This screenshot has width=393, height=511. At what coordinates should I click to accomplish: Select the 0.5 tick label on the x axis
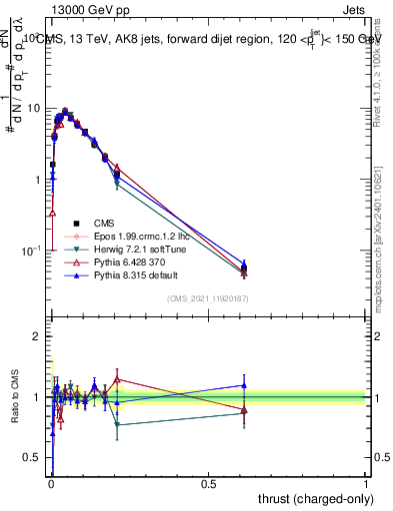(208, 483)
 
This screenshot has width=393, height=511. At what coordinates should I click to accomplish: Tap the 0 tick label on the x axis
(51, 483)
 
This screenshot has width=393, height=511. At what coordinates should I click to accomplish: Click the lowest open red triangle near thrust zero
(52, 213)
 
